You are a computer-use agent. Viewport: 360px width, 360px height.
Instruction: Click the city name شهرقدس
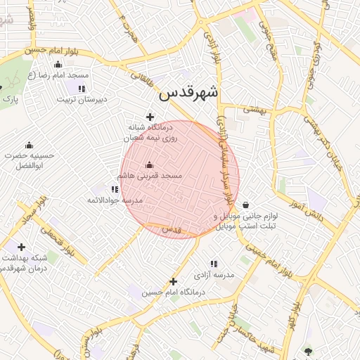(x=188, y=93)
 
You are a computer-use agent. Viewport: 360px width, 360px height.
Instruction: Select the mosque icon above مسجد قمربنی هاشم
(x=149, y=165)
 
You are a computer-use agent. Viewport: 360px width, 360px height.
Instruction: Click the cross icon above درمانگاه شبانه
(x=149, y=117)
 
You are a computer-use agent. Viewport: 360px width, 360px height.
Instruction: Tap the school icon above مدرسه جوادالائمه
(x=115, y=189)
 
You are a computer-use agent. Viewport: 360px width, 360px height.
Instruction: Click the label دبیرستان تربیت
(x=82, y=99)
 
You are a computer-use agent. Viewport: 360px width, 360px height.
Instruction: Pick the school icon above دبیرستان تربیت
(x=82, y=89)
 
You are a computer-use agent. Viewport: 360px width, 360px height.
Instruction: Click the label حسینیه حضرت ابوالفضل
(x=29, y=160)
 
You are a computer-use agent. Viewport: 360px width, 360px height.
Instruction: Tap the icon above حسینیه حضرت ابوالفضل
(x=29, y=144)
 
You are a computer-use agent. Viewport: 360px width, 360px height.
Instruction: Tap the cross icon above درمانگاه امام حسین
(x=172, y=281)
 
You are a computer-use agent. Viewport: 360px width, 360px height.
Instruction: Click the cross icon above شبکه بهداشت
(x=21, y=247)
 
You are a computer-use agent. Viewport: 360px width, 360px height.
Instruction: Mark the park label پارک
(x=10, y=100)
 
